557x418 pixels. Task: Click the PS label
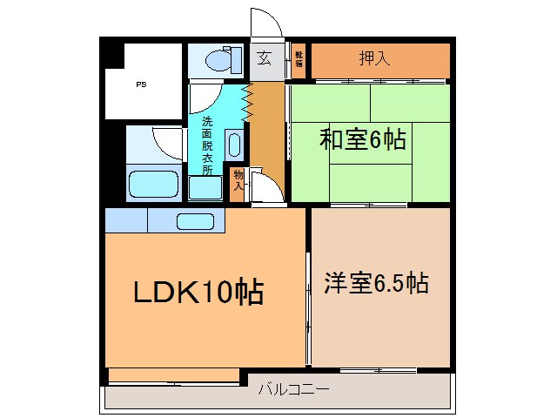pos(140,85)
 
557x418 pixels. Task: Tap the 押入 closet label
pos(374,59)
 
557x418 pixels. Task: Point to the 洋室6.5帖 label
pos(376,283)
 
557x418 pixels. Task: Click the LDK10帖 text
pos(198,293)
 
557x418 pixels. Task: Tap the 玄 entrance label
pos(263,59)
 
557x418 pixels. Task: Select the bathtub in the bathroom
pos(153,185)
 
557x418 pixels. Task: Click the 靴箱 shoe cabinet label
pos(298,59)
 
